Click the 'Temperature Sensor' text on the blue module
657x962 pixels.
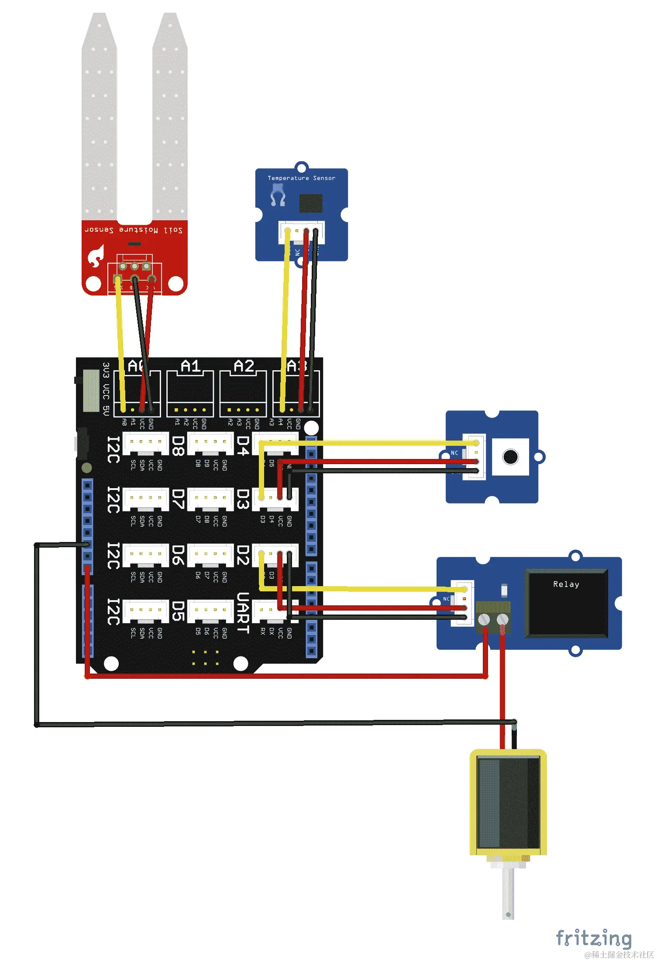click(301, 178)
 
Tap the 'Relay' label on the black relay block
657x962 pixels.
click(566, 584)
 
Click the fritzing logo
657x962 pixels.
click(593, 938)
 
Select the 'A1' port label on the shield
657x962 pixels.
click(190, 366)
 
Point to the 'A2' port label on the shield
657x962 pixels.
click(244, 366)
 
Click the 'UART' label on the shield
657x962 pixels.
click(243, 613)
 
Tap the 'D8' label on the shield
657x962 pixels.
click(178, 446)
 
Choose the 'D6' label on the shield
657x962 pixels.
click(178, 555)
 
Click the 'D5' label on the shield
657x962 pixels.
click(178, 611)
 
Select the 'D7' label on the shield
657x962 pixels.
click(178, 499)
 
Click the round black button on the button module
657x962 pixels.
click(510, 457)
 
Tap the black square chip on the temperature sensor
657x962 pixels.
click(311, 203)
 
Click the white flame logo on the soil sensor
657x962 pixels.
click(96, 256)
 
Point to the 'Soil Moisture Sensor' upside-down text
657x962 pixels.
click(134, 230)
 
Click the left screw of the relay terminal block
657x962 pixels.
click(484, 619)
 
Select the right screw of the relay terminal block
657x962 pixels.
click(502, 619)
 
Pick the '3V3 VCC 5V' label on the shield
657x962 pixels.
click(106, 389)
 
